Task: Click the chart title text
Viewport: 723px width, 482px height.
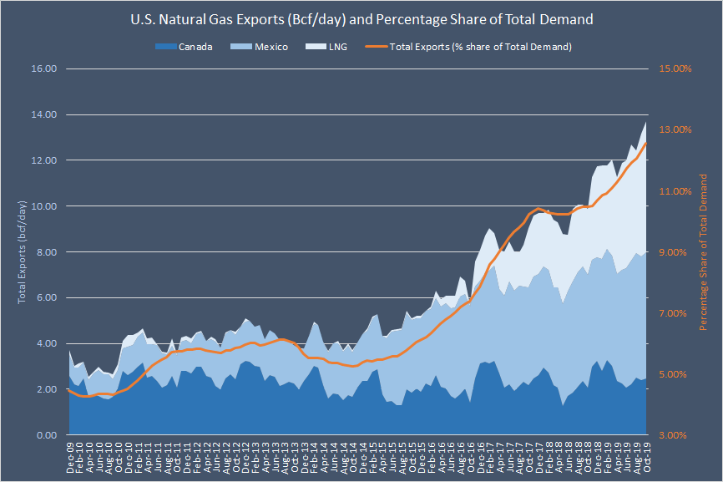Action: pos(361,18)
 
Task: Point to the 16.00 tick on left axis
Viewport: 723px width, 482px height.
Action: pos(42,68)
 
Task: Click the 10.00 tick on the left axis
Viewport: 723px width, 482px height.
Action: pos(42,206)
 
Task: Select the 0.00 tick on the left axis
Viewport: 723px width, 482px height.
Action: pos(43,435)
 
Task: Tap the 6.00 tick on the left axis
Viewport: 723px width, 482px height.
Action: pos(43,298)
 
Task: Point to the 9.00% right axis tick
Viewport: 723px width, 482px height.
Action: pos(675,252)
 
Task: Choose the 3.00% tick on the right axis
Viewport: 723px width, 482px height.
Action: pos(675,435)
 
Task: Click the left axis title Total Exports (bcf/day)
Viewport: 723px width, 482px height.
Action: pos(22,251)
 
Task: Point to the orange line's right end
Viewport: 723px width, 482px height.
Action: pos(646,143)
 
